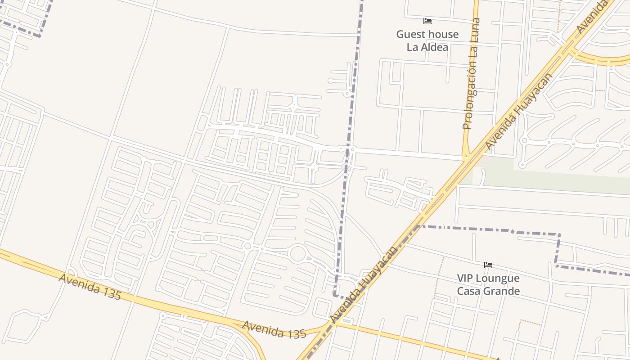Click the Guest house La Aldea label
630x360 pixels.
[x=427, y=40]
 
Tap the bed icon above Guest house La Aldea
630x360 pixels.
[x=427, y=21]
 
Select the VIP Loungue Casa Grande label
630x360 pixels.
[x=488, y=284]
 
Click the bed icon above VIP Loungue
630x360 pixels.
[x=488, y=265]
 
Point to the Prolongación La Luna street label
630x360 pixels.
[x=472, y=74]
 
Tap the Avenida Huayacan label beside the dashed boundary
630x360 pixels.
[x=364, y=284]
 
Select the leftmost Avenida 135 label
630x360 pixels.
[x=90, y=286]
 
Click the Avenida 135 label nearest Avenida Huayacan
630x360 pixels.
[x=274, y=329]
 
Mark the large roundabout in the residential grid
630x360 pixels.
[x=298, y=254]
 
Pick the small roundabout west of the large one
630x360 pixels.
[x=247, y=246]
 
